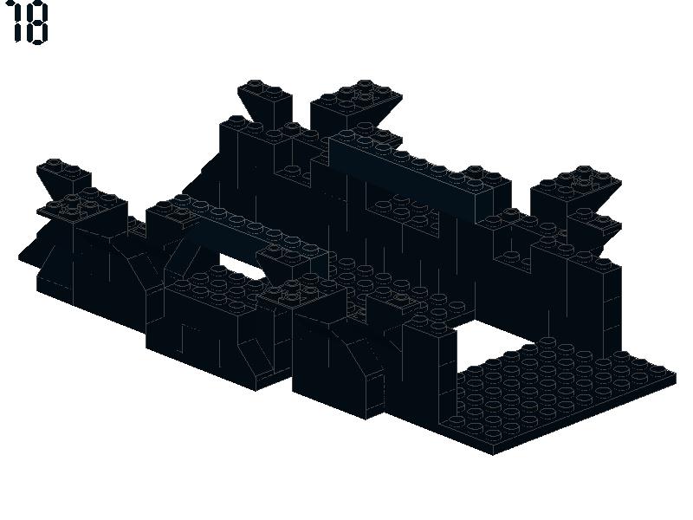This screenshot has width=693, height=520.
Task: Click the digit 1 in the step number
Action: pos(16,23)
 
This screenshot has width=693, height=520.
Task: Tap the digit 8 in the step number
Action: pos(36,24)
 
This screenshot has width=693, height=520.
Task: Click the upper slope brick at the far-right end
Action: pos(574,190)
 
